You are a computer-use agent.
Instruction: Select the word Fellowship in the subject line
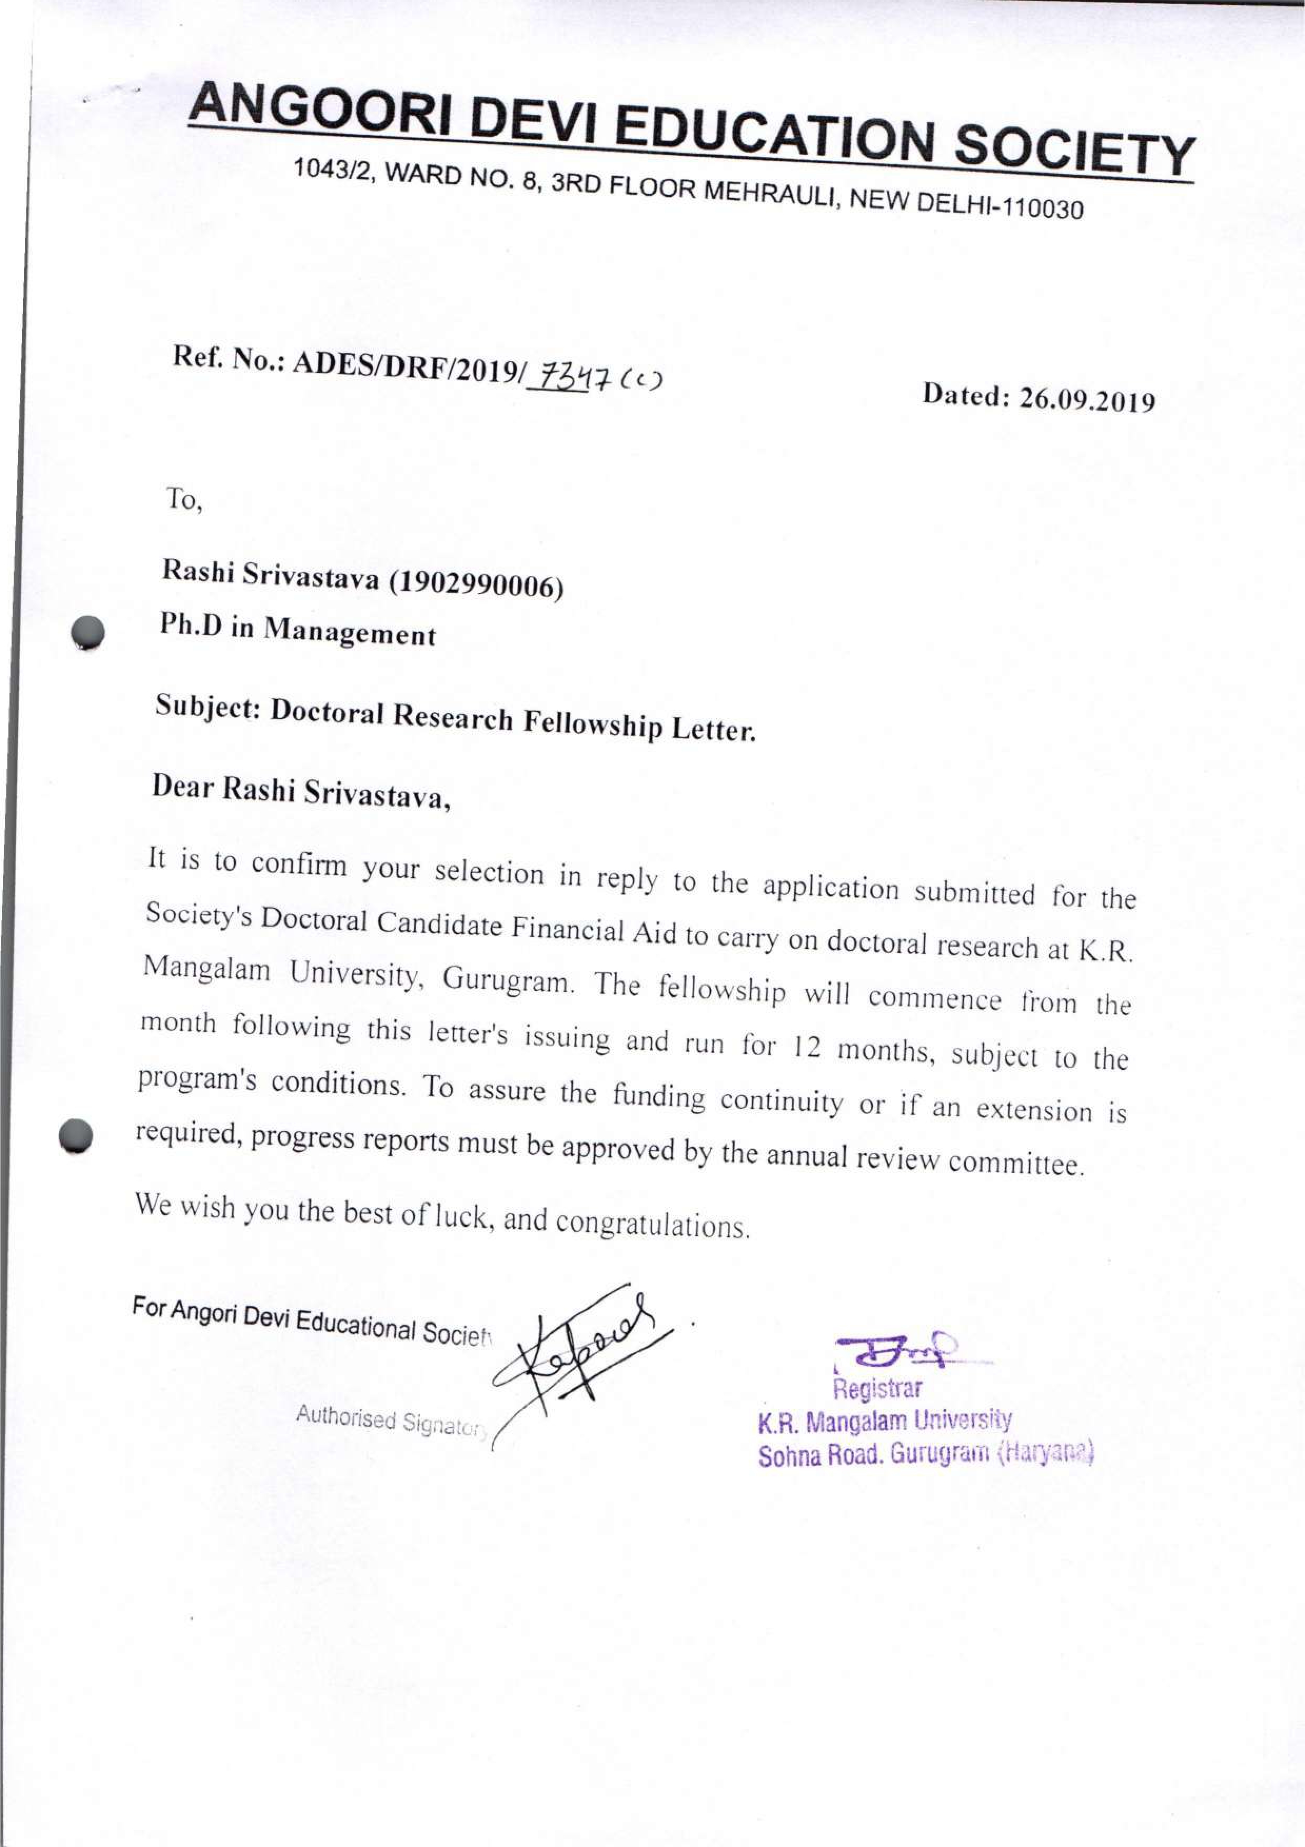click(594, 722)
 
